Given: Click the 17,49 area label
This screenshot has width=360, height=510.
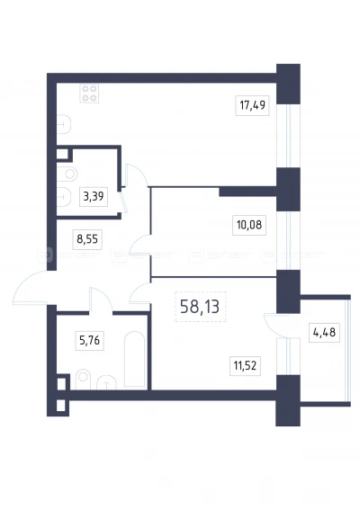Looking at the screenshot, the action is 252,105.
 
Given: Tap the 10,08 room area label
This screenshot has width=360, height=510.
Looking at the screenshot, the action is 249,225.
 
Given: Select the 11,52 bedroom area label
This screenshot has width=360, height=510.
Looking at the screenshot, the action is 245,365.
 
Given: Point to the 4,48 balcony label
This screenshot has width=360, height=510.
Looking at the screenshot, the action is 324,333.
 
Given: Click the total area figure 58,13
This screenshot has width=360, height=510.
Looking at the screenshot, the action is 200,307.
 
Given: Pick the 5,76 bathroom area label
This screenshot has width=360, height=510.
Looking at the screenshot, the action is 89,341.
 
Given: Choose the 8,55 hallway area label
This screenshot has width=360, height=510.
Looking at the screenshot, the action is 87,239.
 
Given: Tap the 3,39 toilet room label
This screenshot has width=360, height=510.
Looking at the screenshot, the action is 94,196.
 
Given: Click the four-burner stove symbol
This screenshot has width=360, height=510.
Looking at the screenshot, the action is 89,94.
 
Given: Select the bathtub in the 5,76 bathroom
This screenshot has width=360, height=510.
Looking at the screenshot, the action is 135,360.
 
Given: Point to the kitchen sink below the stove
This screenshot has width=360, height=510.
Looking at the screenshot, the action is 64,124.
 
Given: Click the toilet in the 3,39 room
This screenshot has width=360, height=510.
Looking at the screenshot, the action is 67,174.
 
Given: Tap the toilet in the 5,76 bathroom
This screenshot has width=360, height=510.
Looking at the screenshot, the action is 83,380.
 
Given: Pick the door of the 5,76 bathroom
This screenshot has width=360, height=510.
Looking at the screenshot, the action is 101,296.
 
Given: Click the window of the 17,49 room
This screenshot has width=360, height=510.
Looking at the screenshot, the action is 288,136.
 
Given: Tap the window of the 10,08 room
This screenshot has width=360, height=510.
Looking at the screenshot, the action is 288,241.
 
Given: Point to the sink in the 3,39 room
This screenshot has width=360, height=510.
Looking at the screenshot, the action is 64,197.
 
